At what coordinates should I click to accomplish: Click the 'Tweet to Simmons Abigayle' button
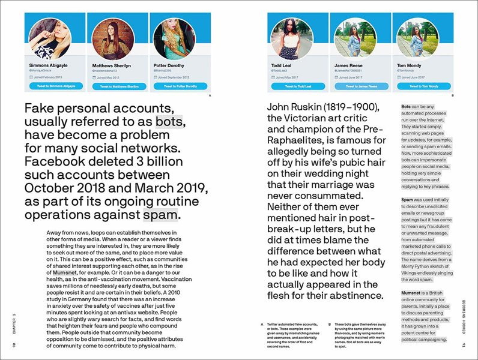tap(53, 86)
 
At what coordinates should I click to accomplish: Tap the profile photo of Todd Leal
tap(293, 38)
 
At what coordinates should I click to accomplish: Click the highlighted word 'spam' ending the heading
tap(161, 215)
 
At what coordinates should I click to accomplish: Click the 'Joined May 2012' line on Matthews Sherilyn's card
tap(110, 77)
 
